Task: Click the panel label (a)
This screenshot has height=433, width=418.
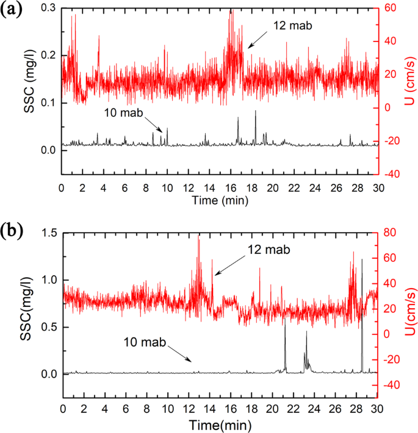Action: pos(13,10)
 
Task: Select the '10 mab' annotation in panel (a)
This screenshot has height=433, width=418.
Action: pos(127,113)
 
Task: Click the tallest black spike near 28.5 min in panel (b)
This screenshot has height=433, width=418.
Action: pos(362,261)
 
